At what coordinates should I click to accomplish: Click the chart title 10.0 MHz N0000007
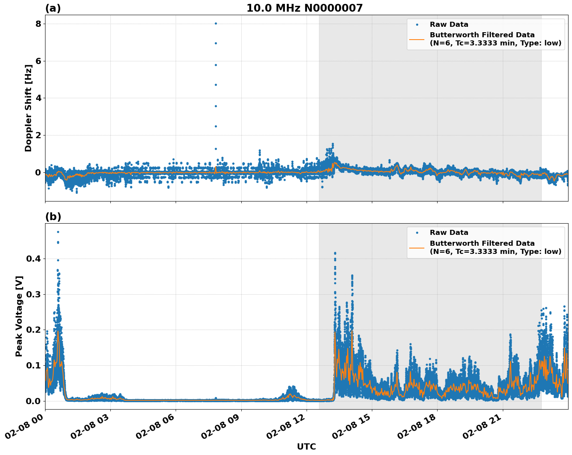click(x=304, y=8)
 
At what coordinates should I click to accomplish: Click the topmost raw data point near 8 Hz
click(x=216, y=23)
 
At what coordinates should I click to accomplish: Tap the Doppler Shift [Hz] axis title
click(x=28, y=108)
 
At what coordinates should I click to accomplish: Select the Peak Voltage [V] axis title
click(x=19, y=316)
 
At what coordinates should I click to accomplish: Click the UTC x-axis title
click(x=306, y=447)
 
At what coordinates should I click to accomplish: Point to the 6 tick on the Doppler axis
click(x=38, y=61)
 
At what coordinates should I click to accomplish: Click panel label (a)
click(x=53, y=8)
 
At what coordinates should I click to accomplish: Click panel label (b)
click(x=53, y=217)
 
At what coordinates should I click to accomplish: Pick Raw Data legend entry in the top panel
click(x=449, y=25)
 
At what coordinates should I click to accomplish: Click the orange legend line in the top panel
click(x=417, y=39)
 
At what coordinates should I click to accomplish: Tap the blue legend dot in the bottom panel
click(x=417, y=233)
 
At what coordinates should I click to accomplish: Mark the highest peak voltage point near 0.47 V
click(x=58, y=232)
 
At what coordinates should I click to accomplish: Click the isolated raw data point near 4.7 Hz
click(x=216, y=85)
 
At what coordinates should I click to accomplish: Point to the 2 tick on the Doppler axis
click(x=38, y=135)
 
